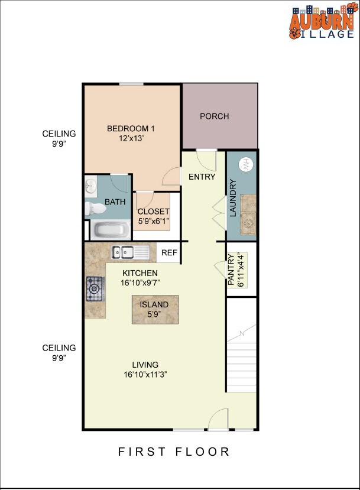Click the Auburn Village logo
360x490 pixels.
[321, 23]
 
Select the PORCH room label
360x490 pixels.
[214, 116]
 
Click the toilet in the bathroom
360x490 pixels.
[95, 208]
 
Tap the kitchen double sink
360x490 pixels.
[131, 252]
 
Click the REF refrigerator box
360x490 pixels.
[170, 253]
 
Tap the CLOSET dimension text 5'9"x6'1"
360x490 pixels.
[153, 222]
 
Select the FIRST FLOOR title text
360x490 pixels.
[174, 452]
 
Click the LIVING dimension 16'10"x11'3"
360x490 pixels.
[145, 375]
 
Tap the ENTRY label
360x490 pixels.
[202, 177]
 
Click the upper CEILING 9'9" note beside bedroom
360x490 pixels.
[59, 138]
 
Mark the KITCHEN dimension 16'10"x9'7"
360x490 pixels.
[140, 283]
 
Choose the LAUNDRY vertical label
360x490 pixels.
[233, 198]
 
